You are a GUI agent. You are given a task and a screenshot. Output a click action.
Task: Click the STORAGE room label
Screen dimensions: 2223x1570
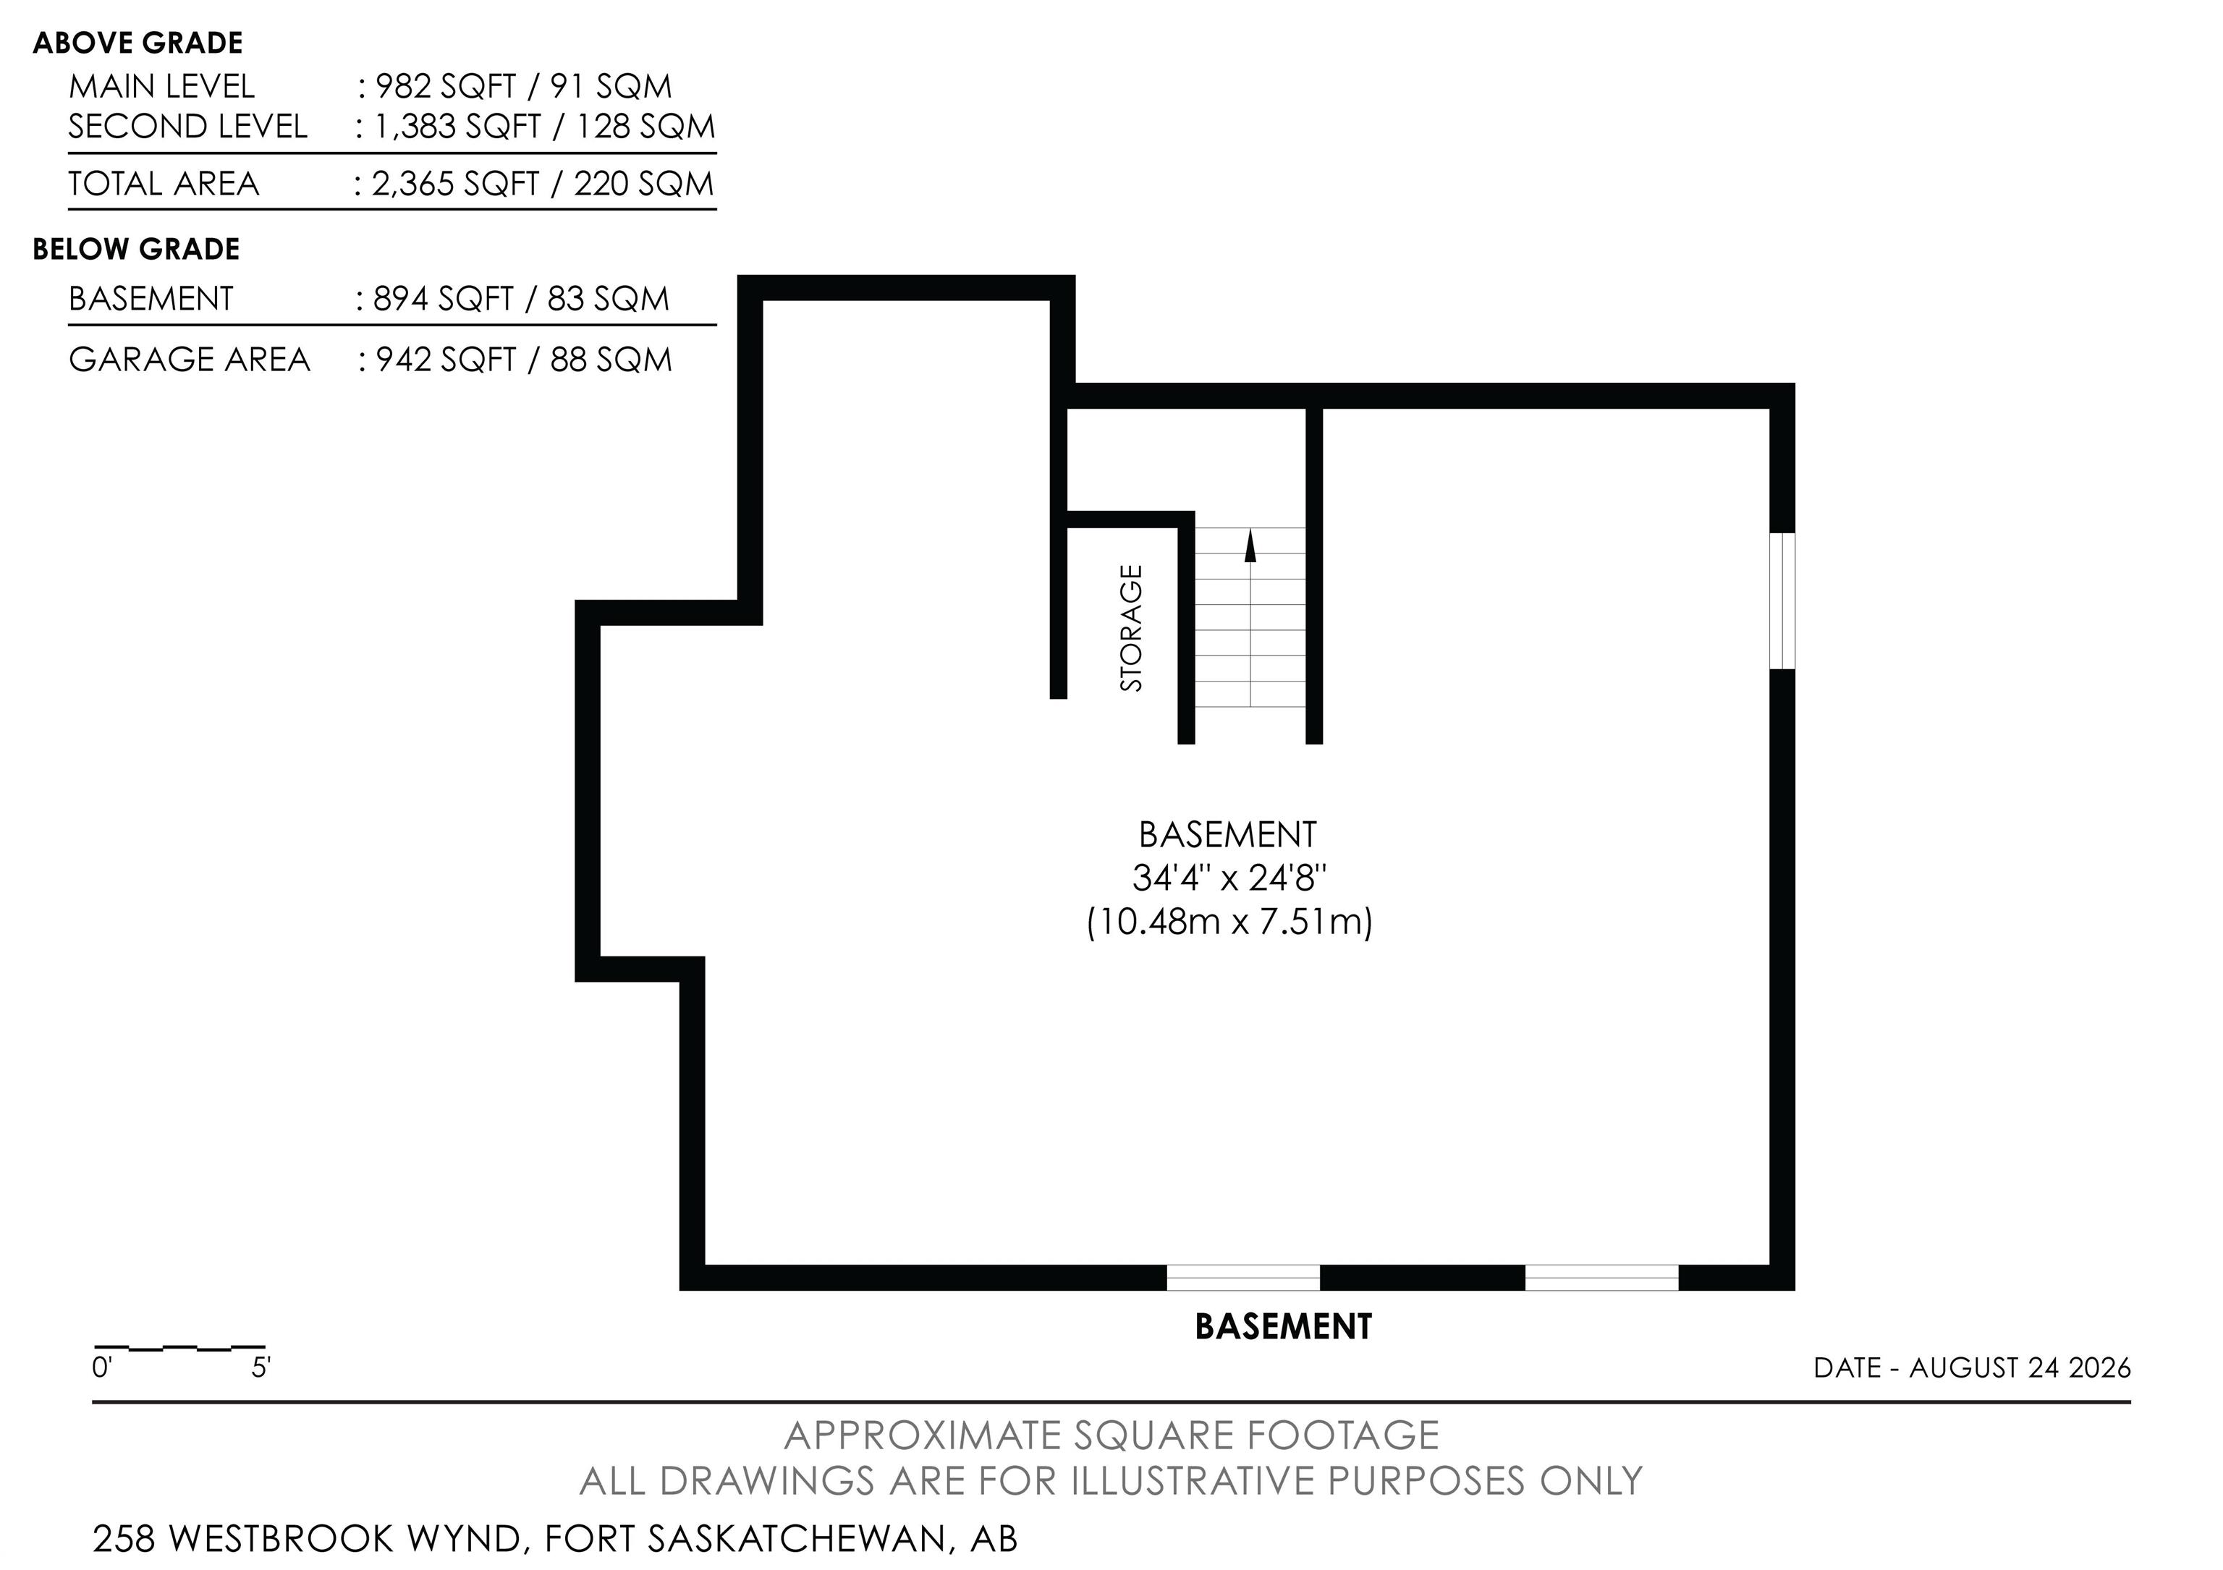tap(1131, 628)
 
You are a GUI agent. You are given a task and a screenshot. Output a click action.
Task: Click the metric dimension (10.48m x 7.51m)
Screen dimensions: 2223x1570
tap(1229, 922)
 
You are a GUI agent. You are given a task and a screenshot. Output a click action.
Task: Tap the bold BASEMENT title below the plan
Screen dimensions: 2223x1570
tap(1284, 1326)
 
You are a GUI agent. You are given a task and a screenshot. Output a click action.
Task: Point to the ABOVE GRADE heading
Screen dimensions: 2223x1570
tap(137, 43)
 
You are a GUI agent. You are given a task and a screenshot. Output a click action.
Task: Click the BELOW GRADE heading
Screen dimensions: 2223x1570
tap(137, 249)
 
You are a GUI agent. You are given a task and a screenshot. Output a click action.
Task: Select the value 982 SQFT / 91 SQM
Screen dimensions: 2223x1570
tap(523, 86)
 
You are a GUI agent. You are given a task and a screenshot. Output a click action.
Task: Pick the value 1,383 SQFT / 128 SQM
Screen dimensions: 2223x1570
tap(544, 127)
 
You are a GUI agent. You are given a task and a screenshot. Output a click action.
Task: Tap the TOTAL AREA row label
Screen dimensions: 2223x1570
tap(164, 184)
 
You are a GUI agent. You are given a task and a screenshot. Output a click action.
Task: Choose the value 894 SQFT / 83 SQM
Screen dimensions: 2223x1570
tap(521, 298)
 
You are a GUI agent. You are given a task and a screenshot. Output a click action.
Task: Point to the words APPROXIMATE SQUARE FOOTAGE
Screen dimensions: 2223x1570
tap(1111, 1435)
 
